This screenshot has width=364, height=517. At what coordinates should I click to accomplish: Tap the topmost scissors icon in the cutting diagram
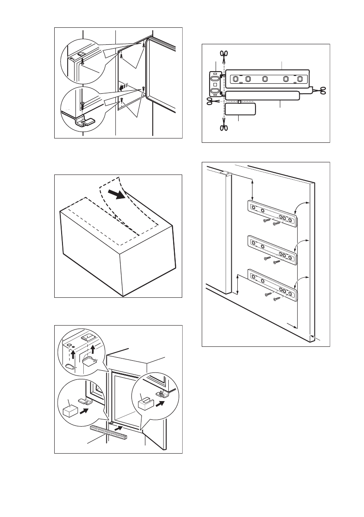tap(224, 54)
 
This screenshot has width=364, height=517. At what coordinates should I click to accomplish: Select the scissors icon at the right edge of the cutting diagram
tap(323, 90)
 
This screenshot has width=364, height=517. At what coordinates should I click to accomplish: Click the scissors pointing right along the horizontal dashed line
tap(211, 101)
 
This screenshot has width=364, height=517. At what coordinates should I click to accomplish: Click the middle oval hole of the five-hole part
tap(265, 79)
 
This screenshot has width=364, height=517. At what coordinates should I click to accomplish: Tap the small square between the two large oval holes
tap(215, 85)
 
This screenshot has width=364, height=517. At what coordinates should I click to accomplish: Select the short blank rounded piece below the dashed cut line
tap(239, 109)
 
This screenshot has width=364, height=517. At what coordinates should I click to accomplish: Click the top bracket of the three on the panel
tap(272, 213)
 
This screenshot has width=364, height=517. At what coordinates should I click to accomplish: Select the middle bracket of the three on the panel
tap(272, 249)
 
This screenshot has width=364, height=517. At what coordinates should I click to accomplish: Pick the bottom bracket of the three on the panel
tap(272, 285)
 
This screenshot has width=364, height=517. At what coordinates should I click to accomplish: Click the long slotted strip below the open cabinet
tap(108, 432)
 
